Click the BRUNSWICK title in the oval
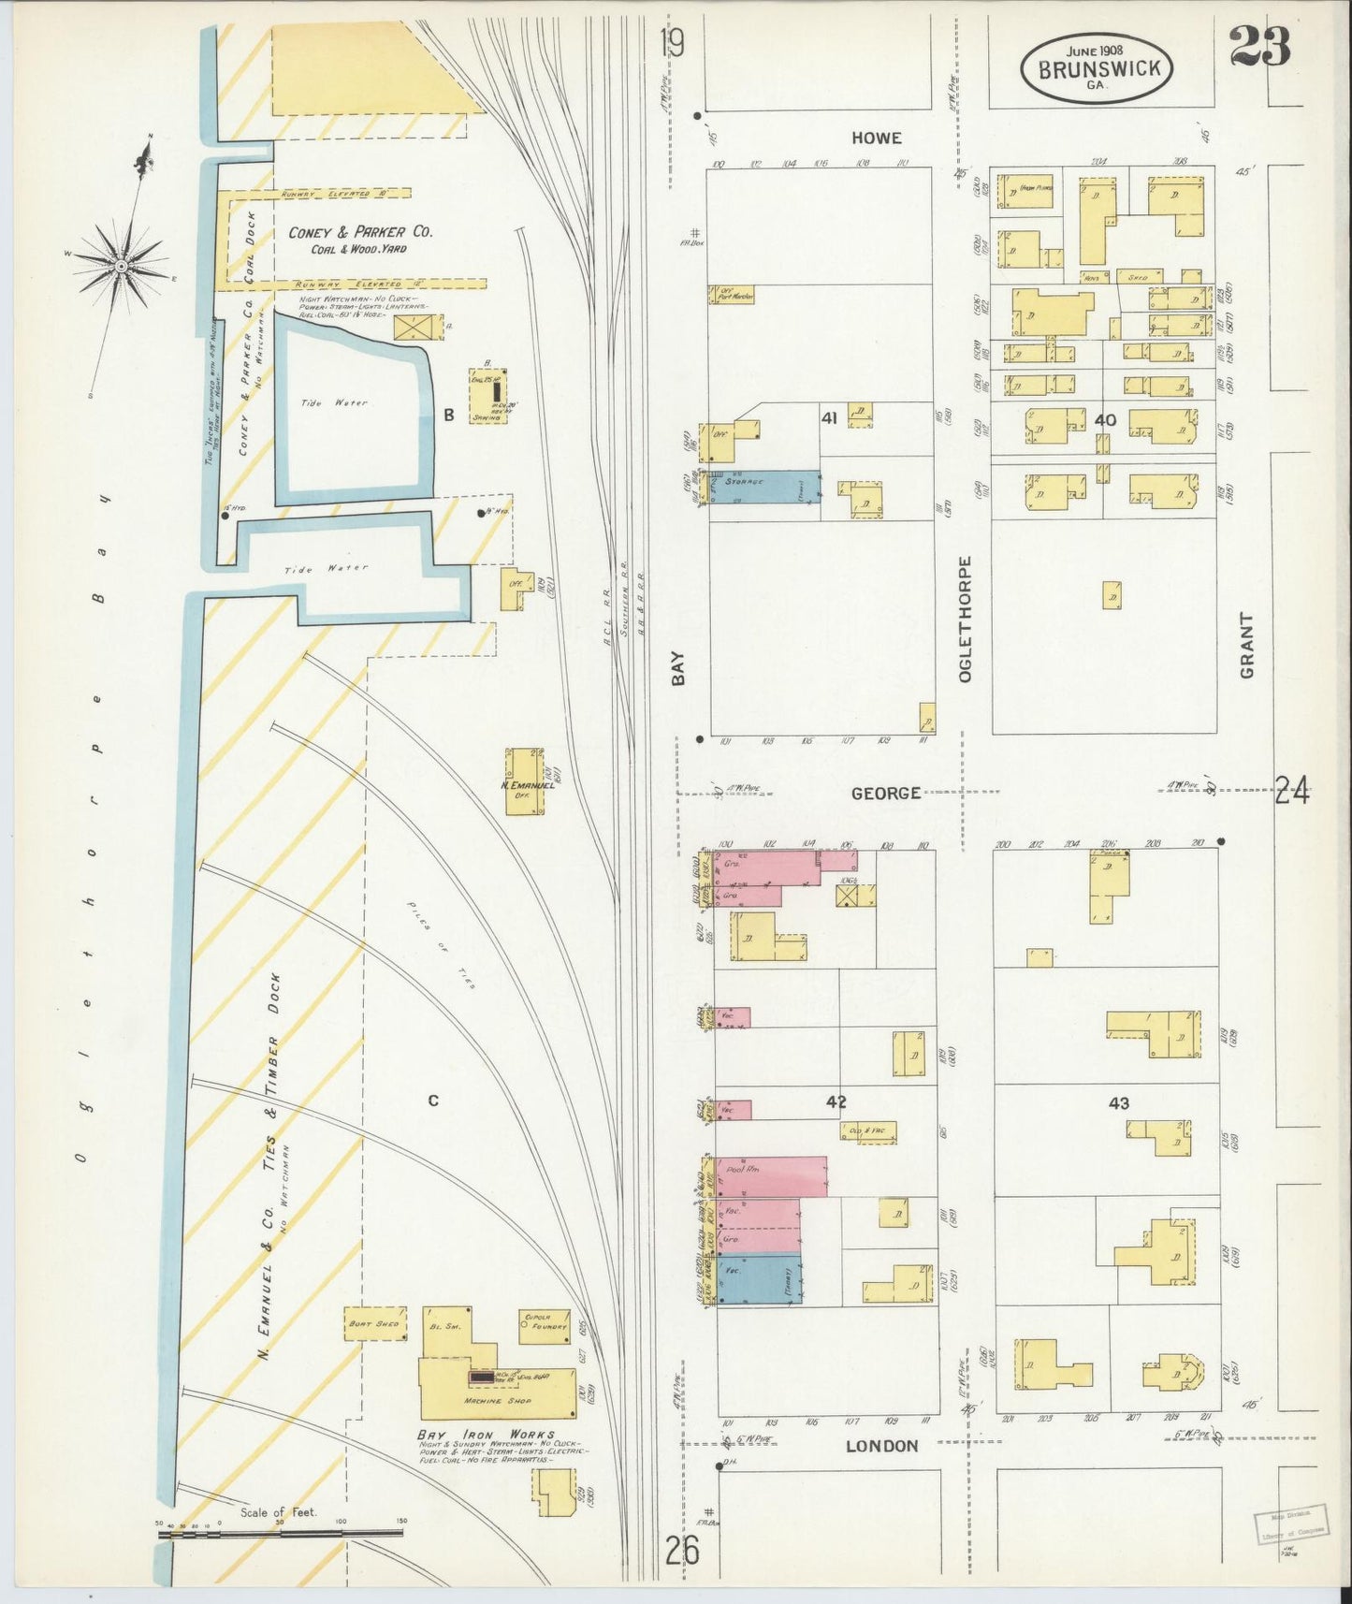coord(1097,68)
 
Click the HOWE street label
coord(877,138)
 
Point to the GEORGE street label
coord(885,793)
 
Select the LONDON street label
coord(881,1446)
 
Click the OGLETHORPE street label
coord(965,619)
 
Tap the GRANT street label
coord(1246,646)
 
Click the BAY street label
coord(678,668)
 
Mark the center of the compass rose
coord(121,267)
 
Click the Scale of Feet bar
coord(281,1534)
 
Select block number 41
coord(828,417)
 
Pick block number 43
coord(1119,1102)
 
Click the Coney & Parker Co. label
coord(359,232)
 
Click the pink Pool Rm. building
coord(772,1175)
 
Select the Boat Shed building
coord(374,1323)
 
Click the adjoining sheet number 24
coord(1292,792)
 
